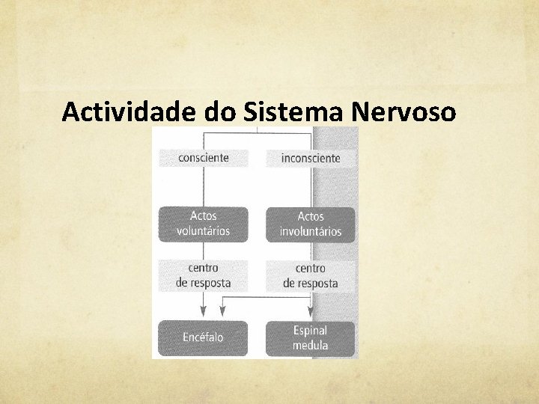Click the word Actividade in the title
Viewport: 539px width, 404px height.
point(130,111)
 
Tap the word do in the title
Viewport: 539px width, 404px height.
point(222,111)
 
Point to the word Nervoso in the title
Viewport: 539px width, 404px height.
point(404,111)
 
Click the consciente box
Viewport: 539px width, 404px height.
point(203,158)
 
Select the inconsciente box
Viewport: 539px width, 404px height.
point(311,158)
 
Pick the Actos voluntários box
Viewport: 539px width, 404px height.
point(203,224)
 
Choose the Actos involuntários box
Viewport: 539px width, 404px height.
point(311,224)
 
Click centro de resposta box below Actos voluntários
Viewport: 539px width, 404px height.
point(203,275)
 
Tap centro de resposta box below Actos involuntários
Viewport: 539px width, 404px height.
point(311,275)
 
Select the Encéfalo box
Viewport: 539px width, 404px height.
point(203,337)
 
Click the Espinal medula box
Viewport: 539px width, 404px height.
point(311,337)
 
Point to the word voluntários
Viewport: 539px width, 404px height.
point(203,231)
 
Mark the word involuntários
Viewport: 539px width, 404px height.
point(311,231)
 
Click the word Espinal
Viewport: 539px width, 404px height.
point(311,330)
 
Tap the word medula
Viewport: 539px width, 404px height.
point(311,346)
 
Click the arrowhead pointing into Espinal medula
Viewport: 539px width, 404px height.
point(311,314)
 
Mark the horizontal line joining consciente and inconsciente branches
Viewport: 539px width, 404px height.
point(257,134)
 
